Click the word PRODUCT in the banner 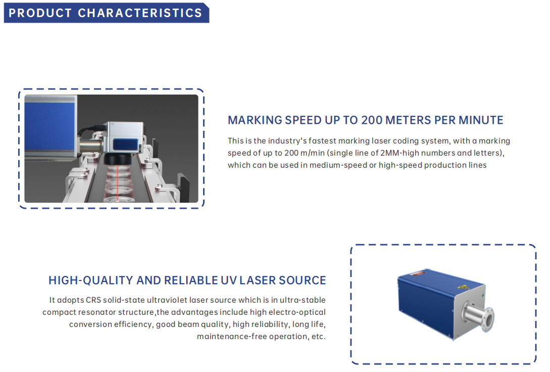(x=40, y=13)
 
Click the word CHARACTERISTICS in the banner (x=140, y=13)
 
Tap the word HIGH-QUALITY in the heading (x=91, y=281)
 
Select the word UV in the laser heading (x=229, y=281)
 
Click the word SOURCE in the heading (x=303, y=281)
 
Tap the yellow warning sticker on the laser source (x=464, y=287)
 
